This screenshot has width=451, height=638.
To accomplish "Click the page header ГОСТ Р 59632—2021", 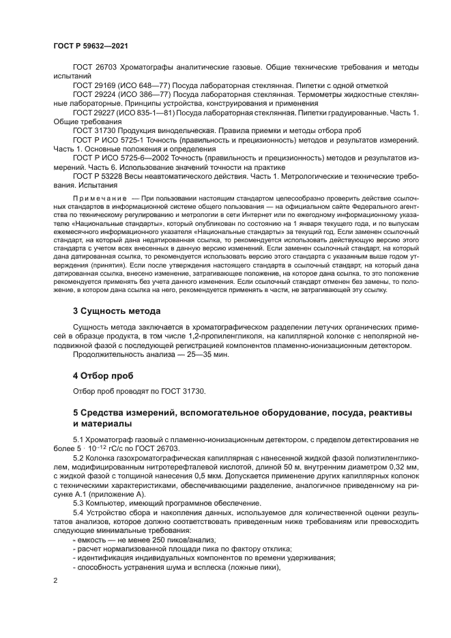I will [90, 46].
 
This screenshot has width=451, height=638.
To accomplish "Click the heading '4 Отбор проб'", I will [103, 376].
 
